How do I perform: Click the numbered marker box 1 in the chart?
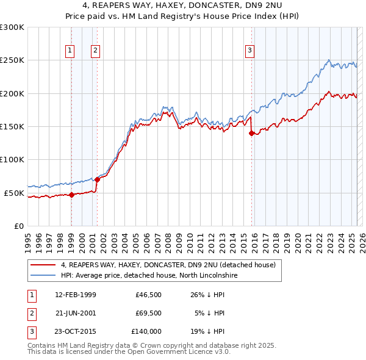(71, 51)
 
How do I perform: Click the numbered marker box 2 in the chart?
(96, 51)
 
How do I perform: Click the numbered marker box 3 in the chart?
(250, 51)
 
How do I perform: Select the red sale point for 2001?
(97, 180)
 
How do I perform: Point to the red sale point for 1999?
(71, 195)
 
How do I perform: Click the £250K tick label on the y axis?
(12, 60)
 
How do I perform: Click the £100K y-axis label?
(12, 160)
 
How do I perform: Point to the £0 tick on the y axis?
(18, 226)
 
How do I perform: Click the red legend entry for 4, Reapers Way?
(168, 265)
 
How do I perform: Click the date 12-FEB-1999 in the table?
(75, 295)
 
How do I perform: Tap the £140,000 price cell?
(146, 332)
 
